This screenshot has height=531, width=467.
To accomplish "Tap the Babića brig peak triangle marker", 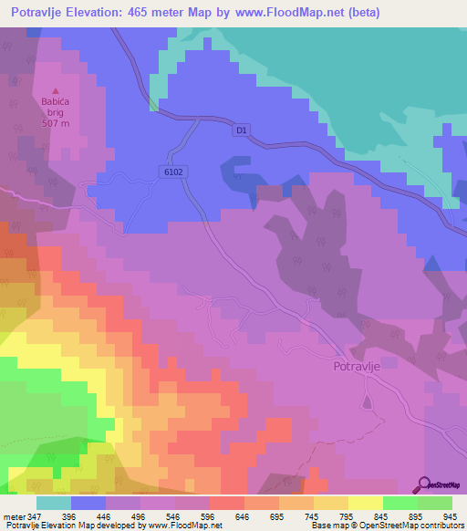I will click(x=56, y=90).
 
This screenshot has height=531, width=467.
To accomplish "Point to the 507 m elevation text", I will click(x=55, y=123).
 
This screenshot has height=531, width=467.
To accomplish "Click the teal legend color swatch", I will click(x=53, y=503).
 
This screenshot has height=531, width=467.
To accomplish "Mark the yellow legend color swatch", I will click(x=365, y=503).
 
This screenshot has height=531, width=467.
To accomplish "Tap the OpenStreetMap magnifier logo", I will click(x=423, y=484).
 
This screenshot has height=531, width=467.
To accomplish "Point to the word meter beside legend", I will click(x=14, y=515).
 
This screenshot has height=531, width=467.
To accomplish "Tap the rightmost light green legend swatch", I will click(x=434, y=503).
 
